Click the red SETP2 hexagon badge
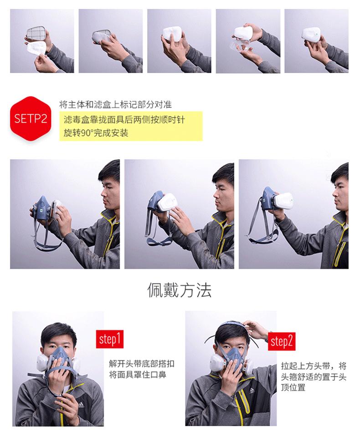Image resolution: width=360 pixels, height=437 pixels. (x=31, y=118)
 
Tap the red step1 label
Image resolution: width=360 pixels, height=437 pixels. (x=110, y=339)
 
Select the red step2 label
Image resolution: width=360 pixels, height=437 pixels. (x=282, y=341)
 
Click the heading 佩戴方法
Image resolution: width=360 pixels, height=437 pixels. (x=180, y=290)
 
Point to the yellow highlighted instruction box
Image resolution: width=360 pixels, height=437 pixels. (x=131, y=126)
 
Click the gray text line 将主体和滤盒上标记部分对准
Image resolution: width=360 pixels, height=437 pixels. (x=115, y=105)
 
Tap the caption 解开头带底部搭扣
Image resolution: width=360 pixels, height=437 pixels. (x=142, y=363)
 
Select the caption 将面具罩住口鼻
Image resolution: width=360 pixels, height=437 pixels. (x=138, y=374)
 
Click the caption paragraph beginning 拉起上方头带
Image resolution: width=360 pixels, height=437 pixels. (x=314, y=376)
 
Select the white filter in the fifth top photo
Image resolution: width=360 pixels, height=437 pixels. (x=311, y=36)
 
